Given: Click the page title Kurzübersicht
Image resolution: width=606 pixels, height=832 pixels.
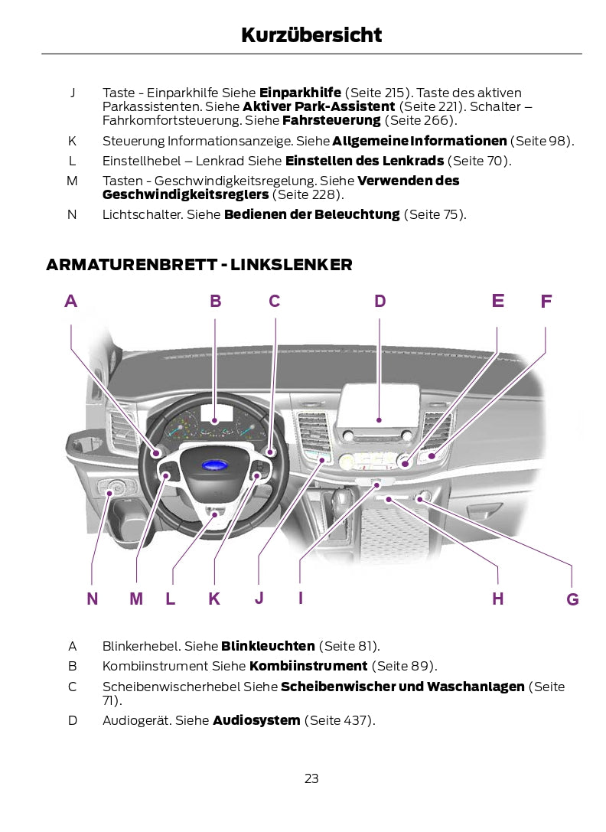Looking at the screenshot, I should tap(311, 35).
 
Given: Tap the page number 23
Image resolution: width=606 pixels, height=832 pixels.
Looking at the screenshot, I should tap(311, 779).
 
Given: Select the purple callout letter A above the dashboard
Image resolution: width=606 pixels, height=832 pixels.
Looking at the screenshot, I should tap(71, 302).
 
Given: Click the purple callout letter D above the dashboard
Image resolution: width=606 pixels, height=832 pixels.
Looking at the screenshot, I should tap(380, 302).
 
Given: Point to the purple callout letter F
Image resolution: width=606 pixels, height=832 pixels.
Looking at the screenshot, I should tap(546, 302).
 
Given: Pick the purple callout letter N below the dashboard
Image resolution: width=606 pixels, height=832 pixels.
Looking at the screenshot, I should tap(93, 599).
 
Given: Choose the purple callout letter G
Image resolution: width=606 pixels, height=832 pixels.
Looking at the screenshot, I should tap(572, 599).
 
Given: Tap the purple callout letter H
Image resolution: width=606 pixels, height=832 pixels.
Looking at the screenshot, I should tap(498, 599).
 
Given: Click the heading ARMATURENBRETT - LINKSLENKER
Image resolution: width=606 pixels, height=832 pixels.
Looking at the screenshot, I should tap(199, 265).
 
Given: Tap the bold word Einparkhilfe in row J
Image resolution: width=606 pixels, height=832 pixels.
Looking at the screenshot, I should tap(300, 93).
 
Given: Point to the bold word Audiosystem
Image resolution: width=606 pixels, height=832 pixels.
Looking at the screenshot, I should tap(256, 720).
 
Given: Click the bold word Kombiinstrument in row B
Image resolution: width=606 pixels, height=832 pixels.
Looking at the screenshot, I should tap(308, 666).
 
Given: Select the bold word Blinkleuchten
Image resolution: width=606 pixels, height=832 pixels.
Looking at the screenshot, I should tap(268, 646).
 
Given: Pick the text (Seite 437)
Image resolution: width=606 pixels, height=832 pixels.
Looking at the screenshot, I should tap(340, 720).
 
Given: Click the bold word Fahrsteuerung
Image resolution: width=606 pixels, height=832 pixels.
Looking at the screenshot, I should tap(331, 120).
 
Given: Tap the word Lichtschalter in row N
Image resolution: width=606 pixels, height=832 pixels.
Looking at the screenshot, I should tap(142, 214).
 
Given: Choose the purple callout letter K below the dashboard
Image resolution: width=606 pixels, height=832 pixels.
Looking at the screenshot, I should tap(214, 599).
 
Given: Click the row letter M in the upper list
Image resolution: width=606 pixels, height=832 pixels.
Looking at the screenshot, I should tap(72, 181).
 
